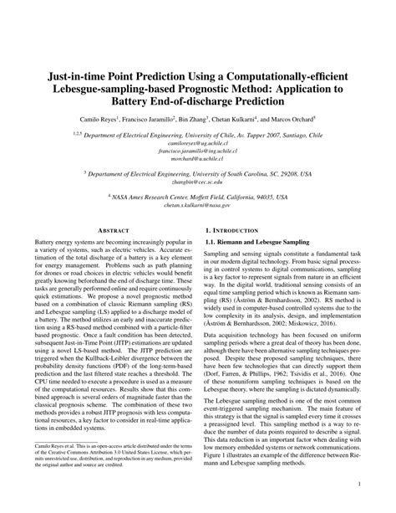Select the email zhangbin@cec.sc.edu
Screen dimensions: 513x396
(x=197, y=181)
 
